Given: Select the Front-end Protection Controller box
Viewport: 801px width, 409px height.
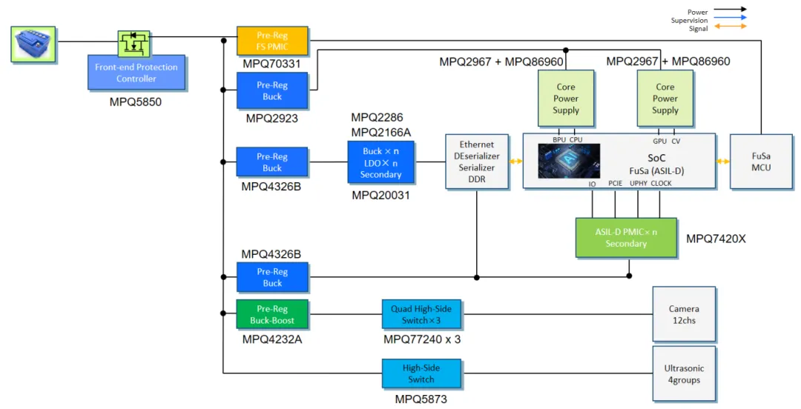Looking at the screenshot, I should (136, 73).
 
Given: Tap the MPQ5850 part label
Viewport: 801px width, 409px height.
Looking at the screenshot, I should (136, 102).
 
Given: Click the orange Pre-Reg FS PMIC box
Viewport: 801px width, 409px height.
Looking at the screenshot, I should (272, 41).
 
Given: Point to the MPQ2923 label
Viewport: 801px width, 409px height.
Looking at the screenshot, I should (272, 118).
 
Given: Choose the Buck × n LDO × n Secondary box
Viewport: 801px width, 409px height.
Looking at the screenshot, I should (380, 162).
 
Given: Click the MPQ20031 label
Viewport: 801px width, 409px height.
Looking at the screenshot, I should (380, 196).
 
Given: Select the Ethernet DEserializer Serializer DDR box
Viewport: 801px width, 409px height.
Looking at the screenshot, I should (477, 162).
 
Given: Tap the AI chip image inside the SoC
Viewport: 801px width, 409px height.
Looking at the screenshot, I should (569, 161).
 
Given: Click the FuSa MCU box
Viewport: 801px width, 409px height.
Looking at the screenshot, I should (760, 162).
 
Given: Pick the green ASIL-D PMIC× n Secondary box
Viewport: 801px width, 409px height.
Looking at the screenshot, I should (626, 238).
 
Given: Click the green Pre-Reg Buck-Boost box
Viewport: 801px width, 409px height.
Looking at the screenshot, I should (272, 315).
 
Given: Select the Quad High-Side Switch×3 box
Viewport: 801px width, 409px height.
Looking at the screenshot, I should (421, 315).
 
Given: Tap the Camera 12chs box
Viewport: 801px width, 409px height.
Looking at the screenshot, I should (684, 314).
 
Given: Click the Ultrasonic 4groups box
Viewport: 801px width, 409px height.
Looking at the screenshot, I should (684, 374).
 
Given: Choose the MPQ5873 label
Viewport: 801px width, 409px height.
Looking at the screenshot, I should (421, 400).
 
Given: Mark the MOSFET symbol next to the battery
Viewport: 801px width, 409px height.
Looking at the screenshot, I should (133, 42).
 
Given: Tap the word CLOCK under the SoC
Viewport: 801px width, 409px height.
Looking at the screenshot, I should (661, 184).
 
